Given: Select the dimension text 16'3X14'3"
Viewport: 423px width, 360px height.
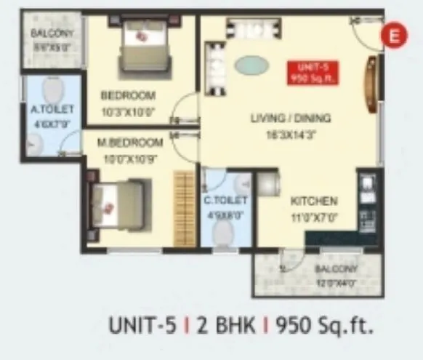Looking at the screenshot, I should coord(291,134).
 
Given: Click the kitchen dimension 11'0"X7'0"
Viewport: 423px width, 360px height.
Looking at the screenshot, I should coord(314,216).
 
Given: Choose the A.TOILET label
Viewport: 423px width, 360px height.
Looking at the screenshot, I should coord(49,111).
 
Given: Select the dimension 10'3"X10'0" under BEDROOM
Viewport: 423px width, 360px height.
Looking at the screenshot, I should coord(128,111).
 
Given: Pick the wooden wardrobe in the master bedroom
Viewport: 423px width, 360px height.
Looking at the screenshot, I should coord(184,207).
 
